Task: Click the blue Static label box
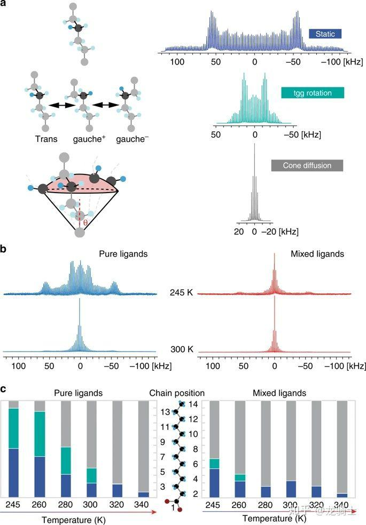click(325, 34)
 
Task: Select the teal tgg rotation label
click(312, 93)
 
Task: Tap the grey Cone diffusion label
click(307, 165)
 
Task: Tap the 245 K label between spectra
click(177, 293)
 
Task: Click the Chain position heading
click(177, 393)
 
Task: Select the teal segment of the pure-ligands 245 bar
click(10, 428)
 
